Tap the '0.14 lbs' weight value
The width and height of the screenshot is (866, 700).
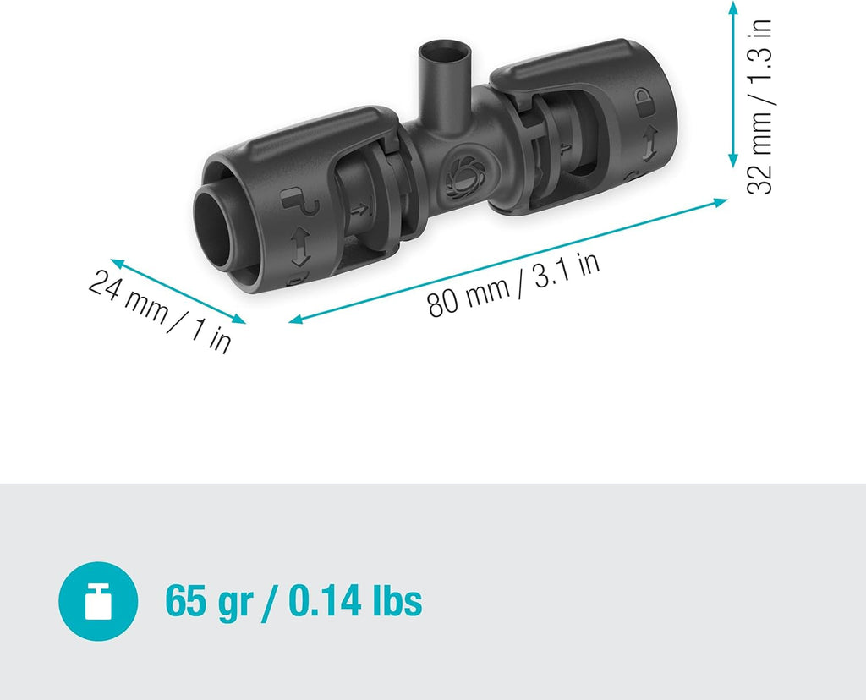[x=355, y=602]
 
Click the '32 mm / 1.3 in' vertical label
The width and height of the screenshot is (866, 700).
[x=761, y=108]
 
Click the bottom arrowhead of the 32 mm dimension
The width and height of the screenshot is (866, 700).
[x=733, y=161]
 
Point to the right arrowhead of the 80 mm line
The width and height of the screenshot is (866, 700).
[x=721, y=202]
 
